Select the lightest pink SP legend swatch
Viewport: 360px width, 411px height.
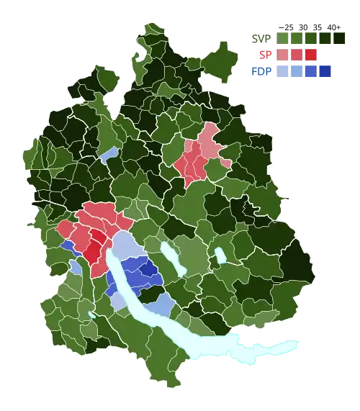coord(284,55)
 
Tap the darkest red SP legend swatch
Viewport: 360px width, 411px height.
coord(310,55)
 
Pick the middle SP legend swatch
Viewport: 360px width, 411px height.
coord(297,55)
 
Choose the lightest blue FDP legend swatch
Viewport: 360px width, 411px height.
coord(284,71)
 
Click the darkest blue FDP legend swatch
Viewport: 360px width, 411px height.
coord(324,71)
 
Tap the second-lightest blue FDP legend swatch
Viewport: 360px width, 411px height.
coord(297,71)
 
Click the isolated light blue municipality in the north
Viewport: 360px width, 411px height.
coord(108,155)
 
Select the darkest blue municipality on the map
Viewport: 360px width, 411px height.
coord(149,272)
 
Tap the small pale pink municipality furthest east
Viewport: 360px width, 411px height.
coord(226,163)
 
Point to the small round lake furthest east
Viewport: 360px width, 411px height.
coord(220,256)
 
